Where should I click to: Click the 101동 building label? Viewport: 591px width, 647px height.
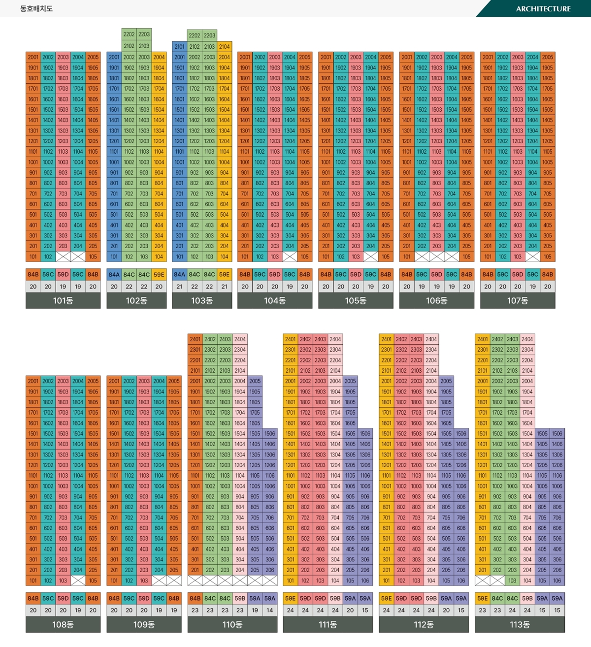tap(63, 300)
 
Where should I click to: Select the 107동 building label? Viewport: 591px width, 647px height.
tap(518, 300)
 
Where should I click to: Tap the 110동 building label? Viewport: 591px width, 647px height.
tap(232, 624)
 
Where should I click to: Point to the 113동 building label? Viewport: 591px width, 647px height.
tap(520, 624)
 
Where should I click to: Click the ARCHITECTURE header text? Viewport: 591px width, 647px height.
tap(543, 9)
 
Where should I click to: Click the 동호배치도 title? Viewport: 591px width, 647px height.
tap(36, 9)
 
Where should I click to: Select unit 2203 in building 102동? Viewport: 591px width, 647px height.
tap(144, 34)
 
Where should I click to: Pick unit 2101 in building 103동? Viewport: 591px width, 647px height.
tap(180, 47)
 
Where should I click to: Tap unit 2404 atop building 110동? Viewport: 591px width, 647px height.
tap(240, 339)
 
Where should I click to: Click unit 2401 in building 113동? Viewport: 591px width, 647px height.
tap(483, 339)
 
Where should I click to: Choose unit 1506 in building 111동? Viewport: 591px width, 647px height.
tap(365, 434)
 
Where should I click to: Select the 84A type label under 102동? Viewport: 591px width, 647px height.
tap(114, 275)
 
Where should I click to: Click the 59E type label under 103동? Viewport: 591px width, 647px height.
tap(225, 275)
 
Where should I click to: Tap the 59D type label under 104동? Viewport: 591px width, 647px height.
tap(275, 275)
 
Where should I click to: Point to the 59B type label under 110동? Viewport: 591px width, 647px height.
tap(240, 599)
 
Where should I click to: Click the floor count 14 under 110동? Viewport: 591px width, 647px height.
tap(270, 610)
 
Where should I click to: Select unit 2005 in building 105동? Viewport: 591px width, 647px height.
tap(386, 57)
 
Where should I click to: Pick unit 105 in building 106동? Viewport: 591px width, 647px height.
tap(466, 257)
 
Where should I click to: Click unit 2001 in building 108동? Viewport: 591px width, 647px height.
tap(33, 381)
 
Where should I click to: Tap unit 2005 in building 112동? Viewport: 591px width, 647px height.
tap(446, 381)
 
